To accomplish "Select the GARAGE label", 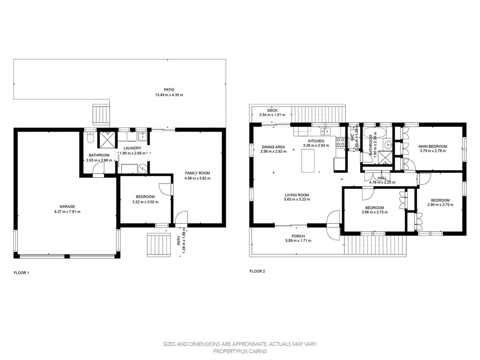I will pos(67,206).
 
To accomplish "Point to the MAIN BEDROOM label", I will pos(433,146).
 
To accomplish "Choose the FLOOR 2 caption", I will pos(257,271).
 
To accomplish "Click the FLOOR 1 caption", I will pos(22,273).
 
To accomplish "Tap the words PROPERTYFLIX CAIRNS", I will pos(240,351).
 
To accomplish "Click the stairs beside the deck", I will pos(318,114).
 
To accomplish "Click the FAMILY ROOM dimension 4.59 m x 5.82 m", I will pos(198,178).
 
